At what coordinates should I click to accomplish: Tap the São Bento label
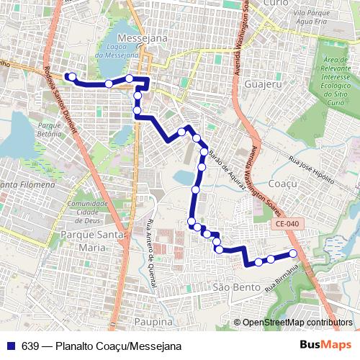231,287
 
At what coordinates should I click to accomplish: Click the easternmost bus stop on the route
293,253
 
